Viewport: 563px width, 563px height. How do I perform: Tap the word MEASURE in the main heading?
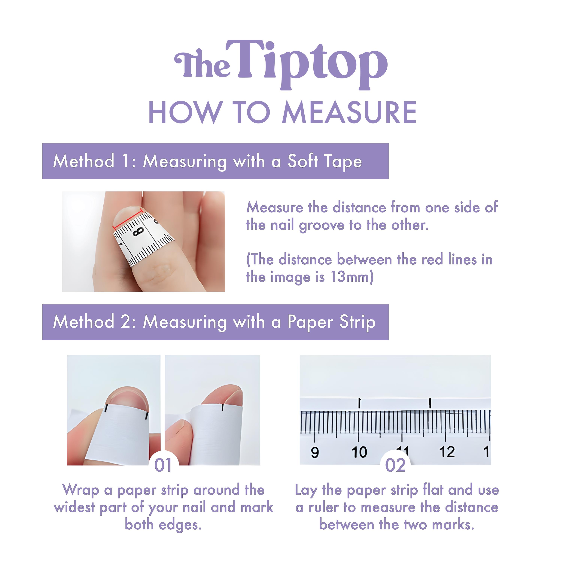click(349, 113)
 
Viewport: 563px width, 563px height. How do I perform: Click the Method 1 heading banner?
click(215, 161)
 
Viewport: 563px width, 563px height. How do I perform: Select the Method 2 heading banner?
click(215, 322)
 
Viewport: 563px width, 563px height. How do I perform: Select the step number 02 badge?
click(395, 465)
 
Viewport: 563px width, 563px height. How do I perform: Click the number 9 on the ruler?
click(315, 452)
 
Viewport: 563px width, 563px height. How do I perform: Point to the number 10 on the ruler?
click(359, 452)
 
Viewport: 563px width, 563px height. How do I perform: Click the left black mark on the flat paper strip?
click(360, 403)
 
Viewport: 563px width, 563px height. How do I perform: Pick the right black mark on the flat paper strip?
click(430, 403)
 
